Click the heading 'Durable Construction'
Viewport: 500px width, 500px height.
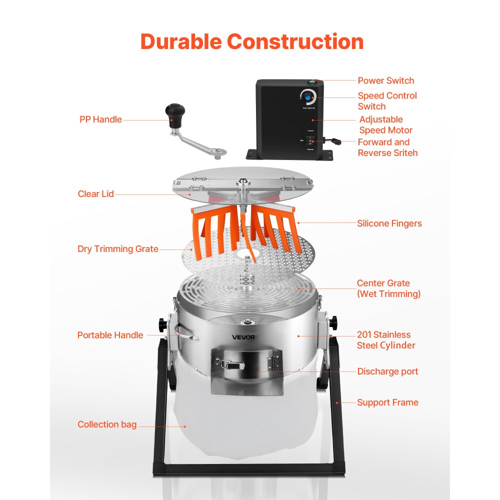coord(251,41)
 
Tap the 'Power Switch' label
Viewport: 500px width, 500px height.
coord(385,80)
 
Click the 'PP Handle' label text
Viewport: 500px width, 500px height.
coord(100,119)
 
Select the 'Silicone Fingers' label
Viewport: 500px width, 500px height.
coord(389,223)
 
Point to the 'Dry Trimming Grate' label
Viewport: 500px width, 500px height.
coord(118,249)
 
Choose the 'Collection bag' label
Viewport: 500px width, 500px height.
coord(107,424)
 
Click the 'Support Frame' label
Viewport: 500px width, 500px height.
coord(387,402)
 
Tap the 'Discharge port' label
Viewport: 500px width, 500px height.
coord(387,371)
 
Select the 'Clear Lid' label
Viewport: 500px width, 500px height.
coord(96,194)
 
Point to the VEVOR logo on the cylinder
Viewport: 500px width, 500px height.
coord(243,337)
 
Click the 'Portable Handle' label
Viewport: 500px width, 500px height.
coord(110,335)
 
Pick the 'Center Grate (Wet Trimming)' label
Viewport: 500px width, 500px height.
coord(388,288)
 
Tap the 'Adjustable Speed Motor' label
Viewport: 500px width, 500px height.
coord(386,125)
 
